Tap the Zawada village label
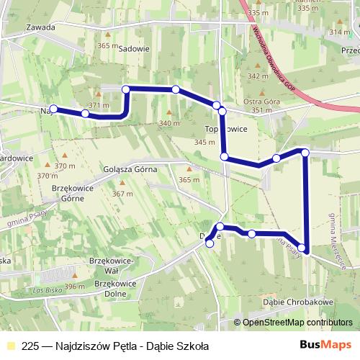(39, 27)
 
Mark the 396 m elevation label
(75, 287)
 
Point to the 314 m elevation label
(338, 32)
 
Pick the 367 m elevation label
(122, 194)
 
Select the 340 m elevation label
(169, 124)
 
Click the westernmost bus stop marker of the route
(53, 109)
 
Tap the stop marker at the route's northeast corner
(305, 152)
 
